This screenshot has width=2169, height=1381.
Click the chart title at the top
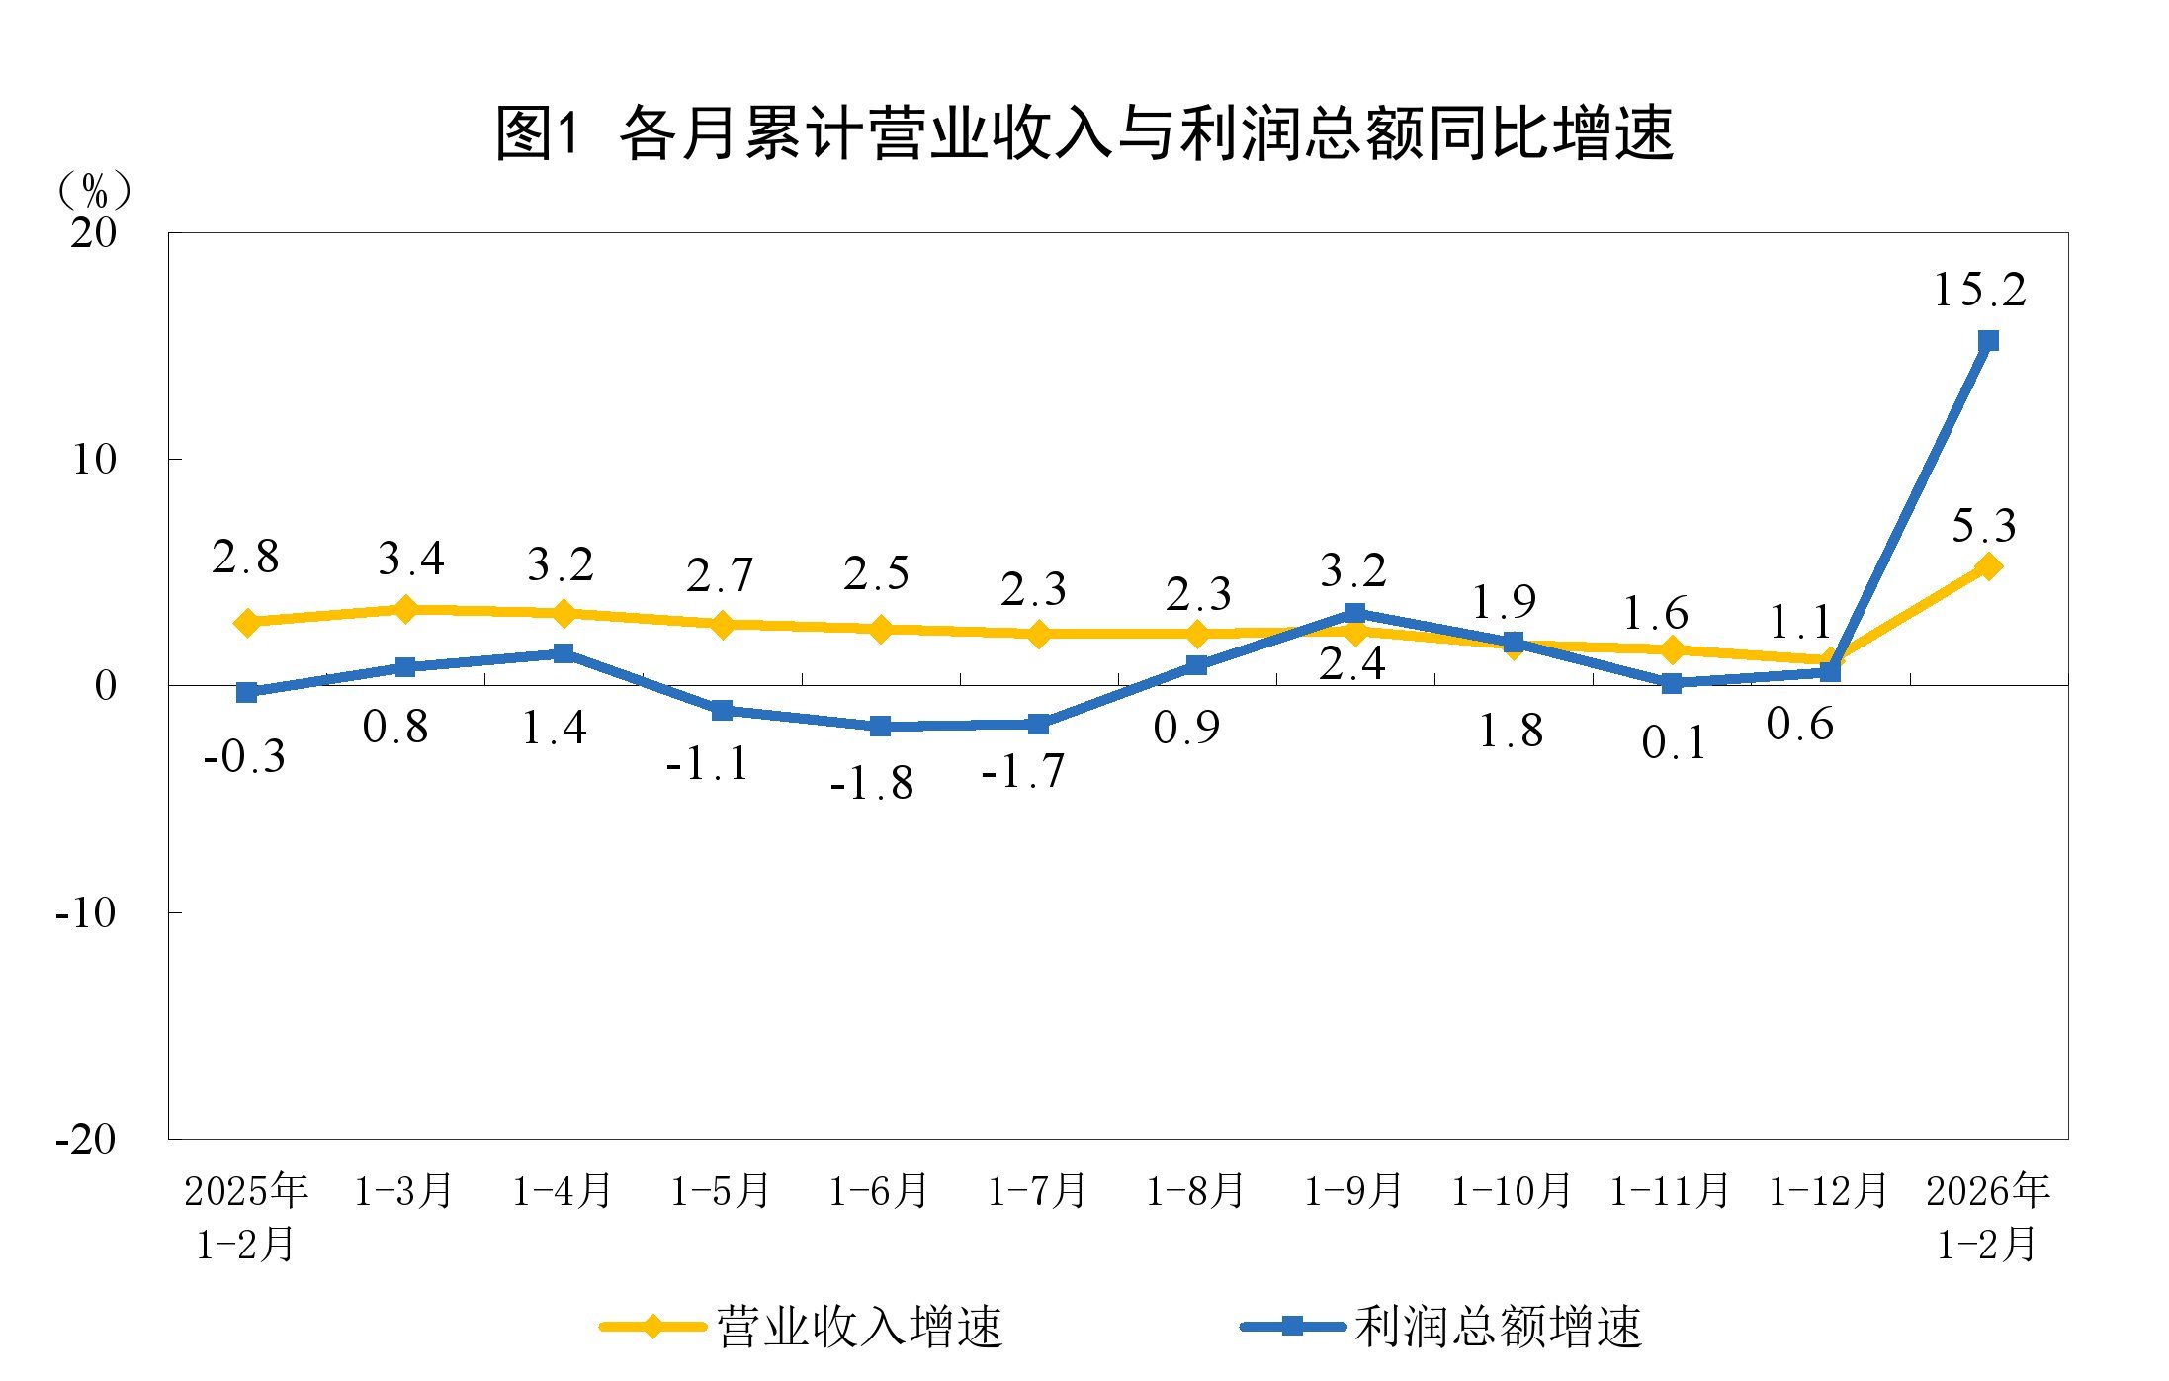[1084, 133]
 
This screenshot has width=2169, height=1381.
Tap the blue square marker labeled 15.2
[1988, 341]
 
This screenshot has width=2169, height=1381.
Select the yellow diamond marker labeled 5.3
[1988, 566]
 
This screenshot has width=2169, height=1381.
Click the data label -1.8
[872, 784]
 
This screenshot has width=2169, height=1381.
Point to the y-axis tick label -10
[86, 912]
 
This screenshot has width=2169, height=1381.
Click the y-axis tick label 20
[93, 233]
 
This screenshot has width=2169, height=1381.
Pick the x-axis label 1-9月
[1353, 1191]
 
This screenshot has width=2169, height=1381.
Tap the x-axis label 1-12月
[1828, 1191]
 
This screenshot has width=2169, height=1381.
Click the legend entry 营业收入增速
[858, 1327]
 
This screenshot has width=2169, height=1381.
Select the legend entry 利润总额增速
[1497, 1327]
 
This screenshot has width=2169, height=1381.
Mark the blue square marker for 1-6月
[880, 727]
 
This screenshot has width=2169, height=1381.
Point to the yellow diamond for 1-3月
[404, 609]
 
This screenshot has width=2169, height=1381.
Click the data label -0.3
[244, 757]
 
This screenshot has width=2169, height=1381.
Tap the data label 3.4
[411, 560]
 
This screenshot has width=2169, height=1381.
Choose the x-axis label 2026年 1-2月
[1988, 1217]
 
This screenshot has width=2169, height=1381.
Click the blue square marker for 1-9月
[1355, 613]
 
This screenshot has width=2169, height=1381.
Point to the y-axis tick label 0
[105, 685]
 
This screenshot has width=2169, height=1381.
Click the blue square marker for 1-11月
[1672, 683]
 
